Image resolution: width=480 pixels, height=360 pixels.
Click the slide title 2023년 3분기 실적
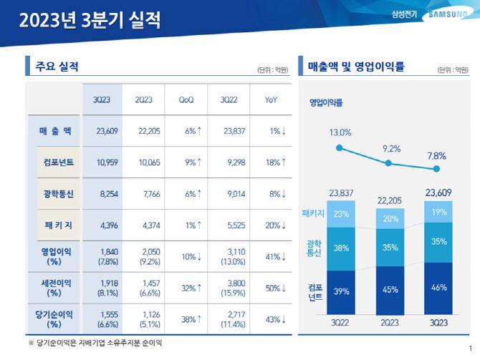pos(90,19)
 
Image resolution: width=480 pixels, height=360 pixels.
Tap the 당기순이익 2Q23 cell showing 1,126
pos(148,319)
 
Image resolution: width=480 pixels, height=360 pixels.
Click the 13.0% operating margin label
pos(340,132)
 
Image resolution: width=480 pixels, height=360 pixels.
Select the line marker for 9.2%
pos(388,163)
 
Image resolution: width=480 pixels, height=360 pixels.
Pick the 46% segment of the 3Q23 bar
pos(438,287)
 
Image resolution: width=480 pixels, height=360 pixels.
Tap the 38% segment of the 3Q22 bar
pos(340,249)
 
